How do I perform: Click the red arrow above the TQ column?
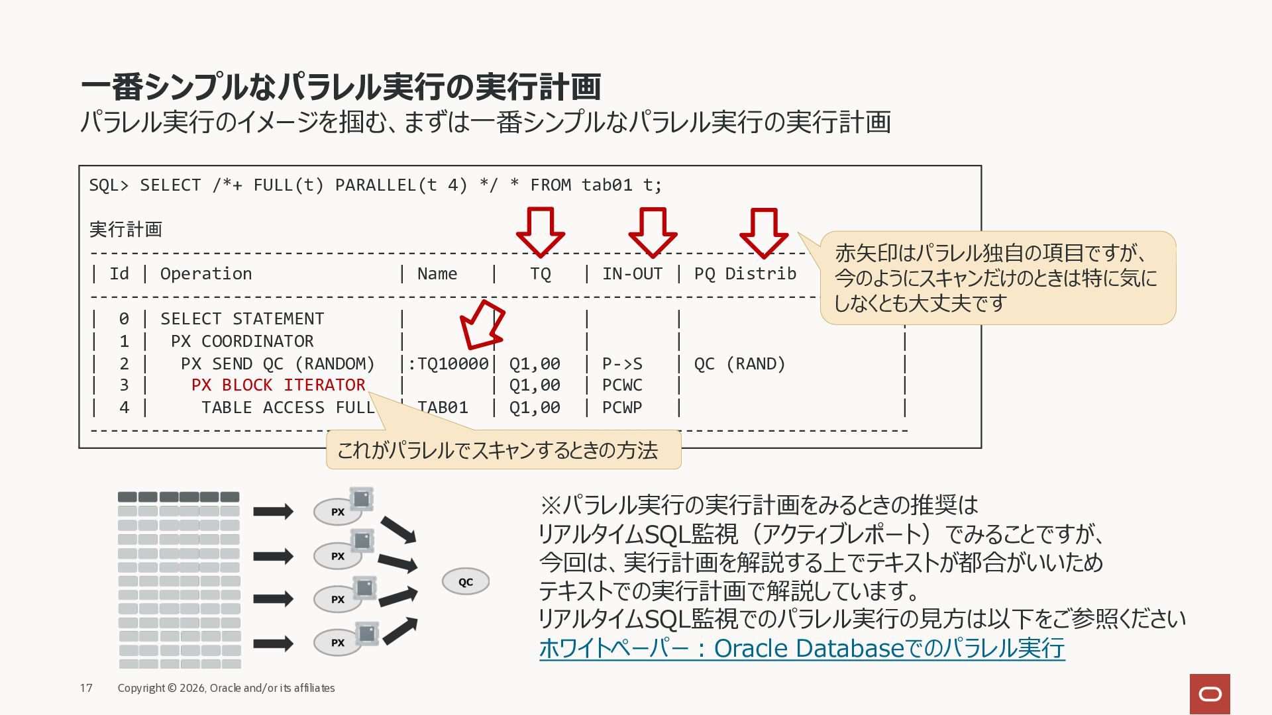[540, 232]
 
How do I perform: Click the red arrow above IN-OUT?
[653, 232]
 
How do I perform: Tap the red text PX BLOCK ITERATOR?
[278, 385]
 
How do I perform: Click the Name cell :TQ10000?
[448, 363]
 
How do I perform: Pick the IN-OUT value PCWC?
[622, 385]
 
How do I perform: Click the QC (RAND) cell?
[739, 363]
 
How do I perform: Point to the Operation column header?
[206, 274]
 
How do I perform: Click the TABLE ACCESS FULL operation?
[288, 407]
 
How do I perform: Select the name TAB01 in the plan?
[443, 407]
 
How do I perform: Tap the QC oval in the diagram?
[466, 581]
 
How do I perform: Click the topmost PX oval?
[338, 512]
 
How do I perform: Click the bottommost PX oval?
[338, 642]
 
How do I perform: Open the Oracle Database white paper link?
[802, 648]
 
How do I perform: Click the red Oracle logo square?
[1210, 694]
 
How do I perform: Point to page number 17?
[86, 688]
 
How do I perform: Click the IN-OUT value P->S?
[622, 363]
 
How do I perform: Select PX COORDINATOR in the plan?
[242, 341]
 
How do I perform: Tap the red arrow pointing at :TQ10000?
[482, 324]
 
